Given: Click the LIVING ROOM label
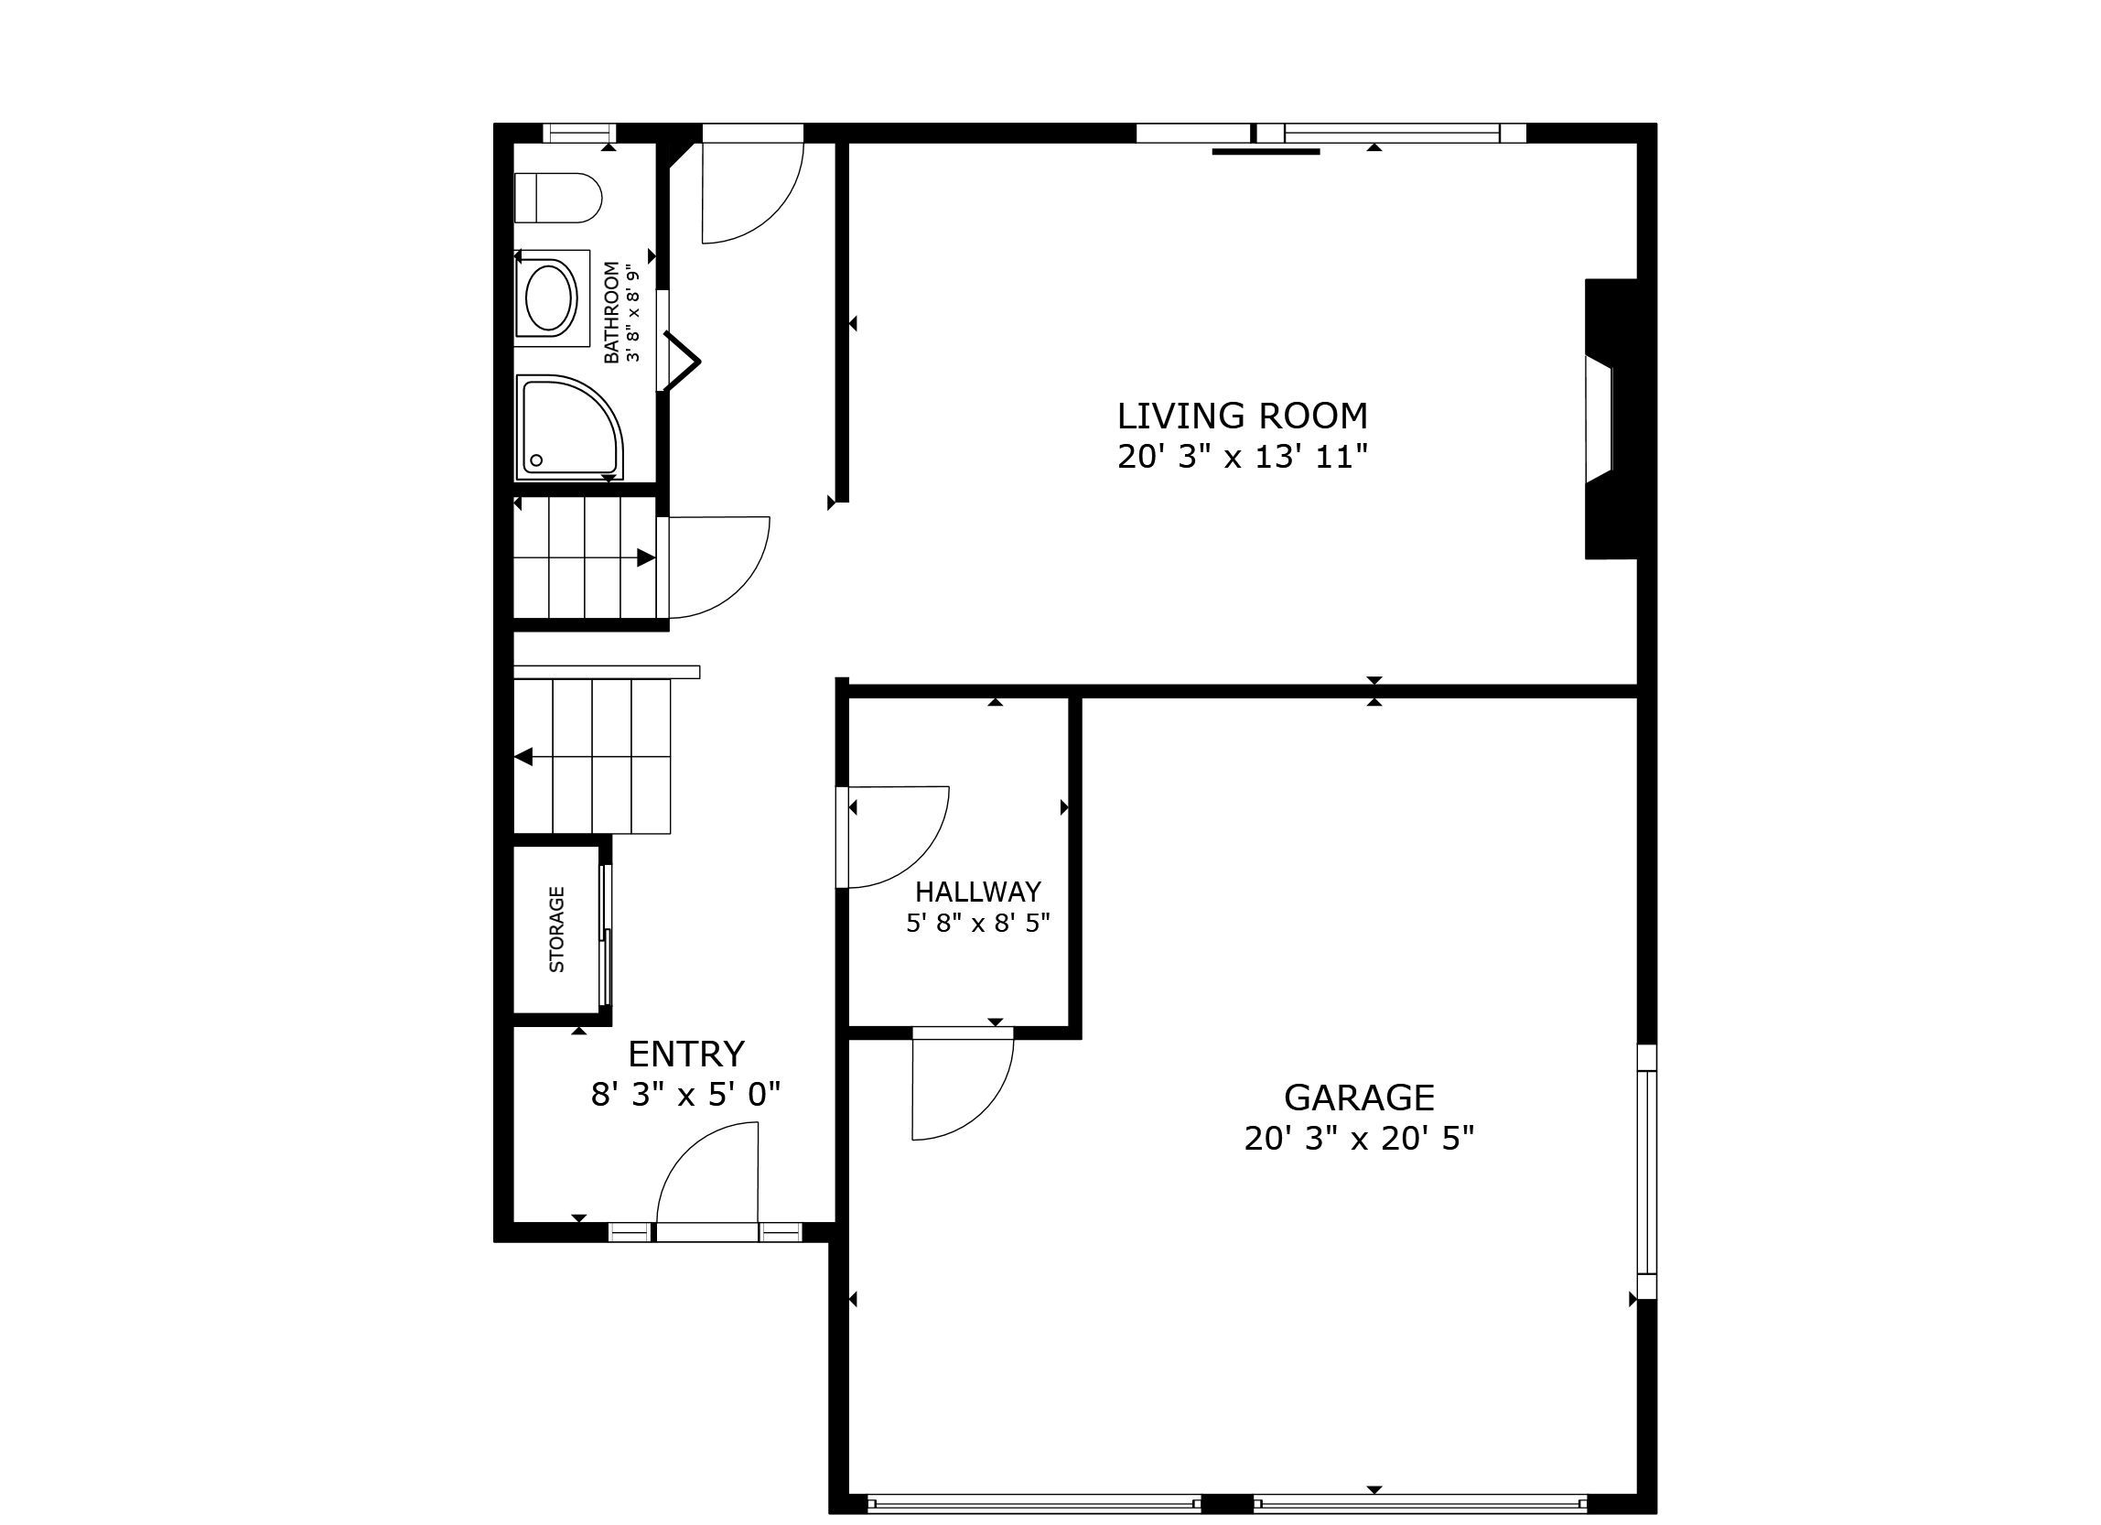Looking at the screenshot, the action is pos(1243,416).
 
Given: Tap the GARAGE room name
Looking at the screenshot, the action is pos(1359,1098).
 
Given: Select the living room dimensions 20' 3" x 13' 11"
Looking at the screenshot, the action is pos(1243,457).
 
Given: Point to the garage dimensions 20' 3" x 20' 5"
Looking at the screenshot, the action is pos(1359,1139).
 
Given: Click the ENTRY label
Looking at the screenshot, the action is pos(686,1055).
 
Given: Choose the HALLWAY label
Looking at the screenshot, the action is pos(978,892).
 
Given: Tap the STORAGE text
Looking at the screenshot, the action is pos(556,929).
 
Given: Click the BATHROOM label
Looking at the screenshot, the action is pos(611,312).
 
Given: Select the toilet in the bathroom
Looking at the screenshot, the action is pos(557,198).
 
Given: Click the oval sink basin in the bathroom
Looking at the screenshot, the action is pos(551,297).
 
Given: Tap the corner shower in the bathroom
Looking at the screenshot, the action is pos(569,427).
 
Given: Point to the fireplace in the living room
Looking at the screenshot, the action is pos(1611,418).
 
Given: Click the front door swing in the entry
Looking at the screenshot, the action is pos(707,1173).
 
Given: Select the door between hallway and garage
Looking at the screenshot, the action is pos(963,1084).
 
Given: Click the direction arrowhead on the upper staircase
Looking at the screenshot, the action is pos(646,557).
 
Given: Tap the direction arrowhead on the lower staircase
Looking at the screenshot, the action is pos(523,757).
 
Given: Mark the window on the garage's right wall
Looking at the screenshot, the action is pos(1646,1172).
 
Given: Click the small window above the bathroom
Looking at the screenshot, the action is pos(579,133).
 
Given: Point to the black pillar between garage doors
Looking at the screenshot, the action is pos(1226,1503).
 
